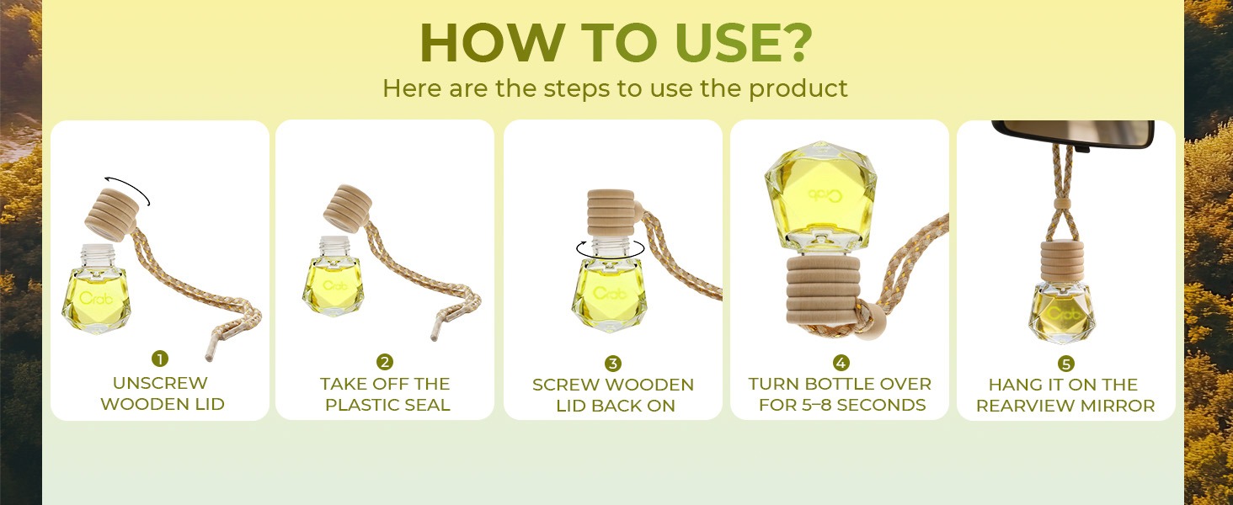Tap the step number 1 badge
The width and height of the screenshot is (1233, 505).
coord(160,359)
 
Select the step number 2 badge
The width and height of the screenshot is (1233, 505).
coord(385,362)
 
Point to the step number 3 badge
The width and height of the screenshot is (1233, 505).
coord(612,363)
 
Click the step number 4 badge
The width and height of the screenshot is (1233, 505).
coord(841,363)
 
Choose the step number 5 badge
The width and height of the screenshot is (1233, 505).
coord(1066,364)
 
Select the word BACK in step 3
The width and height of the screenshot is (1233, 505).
coord(617,406)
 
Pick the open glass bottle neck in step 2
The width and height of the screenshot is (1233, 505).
coord(334,246)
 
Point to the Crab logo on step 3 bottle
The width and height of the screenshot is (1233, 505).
coord(610,293)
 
